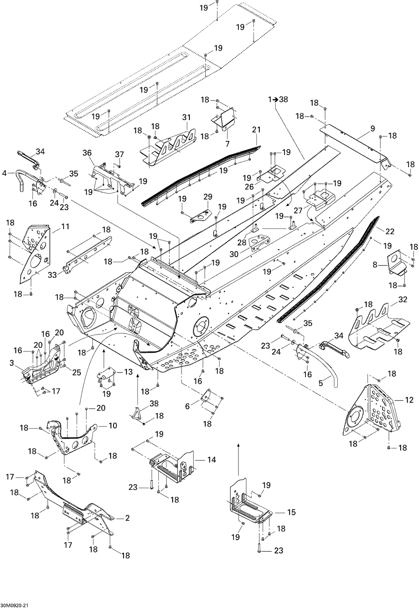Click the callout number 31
tap(186, 117)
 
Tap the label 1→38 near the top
tap(278, 99)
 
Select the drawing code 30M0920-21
tap(14, 606)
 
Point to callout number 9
tap(372, 128)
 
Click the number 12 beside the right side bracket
tap(409, 400)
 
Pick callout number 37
tap(119, 154)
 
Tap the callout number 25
tap(77, 372)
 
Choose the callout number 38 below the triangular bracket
tap(154, 403)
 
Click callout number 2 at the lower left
tap(127, 518)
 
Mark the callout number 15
tap(291, 512)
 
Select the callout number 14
tap(212, 460)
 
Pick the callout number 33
tap(52, 275)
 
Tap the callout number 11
tap(65, 226)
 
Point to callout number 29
tap(208, 197)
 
